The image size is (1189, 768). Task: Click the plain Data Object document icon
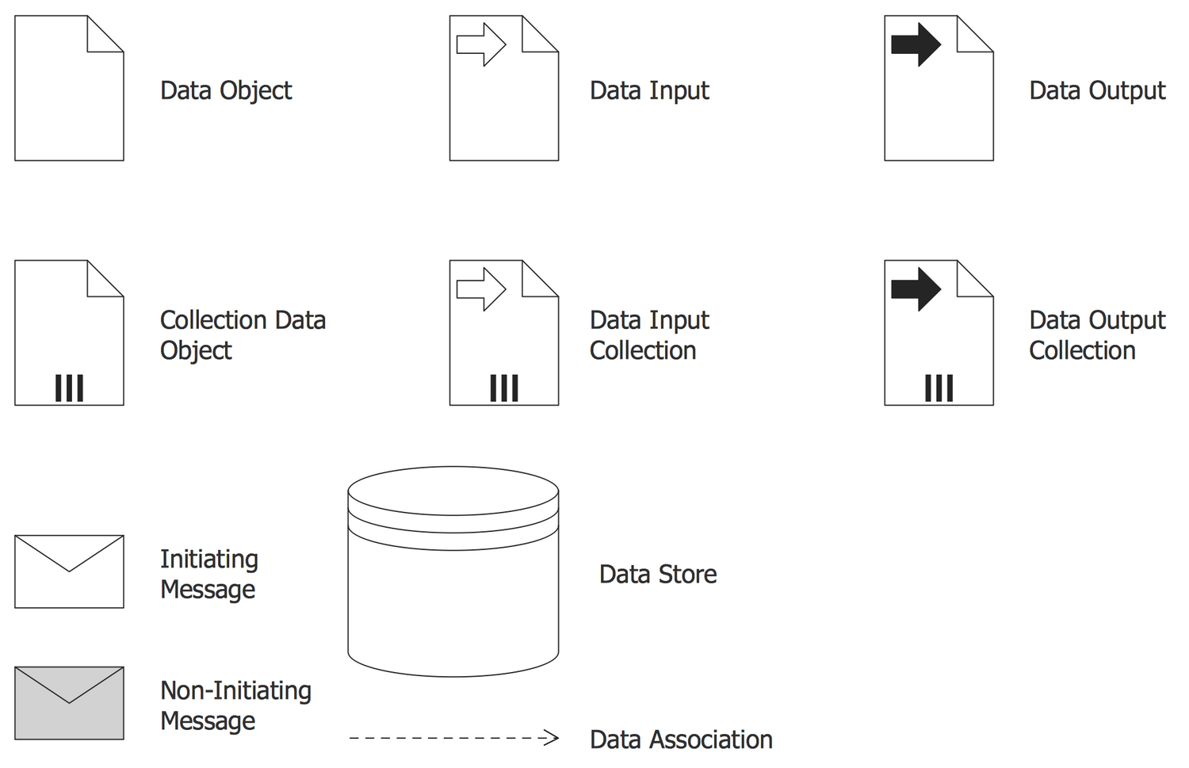coord(69,88)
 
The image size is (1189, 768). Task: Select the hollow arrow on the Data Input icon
coord(481,44)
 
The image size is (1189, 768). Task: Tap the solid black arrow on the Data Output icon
coord(916,44)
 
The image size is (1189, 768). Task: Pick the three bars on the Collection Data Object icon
coord(70,388)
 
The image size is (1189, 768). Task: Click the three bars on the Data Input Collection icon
coord(504,388)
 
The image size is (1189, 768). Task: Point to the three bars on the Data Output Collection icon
coord(939,388)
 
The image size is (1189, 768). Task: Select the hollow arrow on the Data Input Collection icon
coord(481,289)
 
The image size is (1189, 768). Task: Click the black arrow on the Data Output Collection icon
coord(916,289)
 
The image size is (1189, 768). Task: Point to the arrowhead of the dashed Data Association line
coord(552,738)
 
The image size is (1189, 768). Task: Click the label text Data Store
coord(658,575)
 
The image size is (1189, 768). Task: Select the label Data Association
coord(681,740)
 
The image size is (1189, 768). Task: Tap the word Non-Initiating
coord(235,691)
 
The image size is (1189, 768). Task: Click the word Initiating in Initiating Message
coord(209,560)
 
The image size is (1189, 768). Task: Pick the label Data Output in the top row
coord(1097,90)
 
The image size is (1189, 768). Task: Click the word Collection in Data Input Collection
coord(643,350)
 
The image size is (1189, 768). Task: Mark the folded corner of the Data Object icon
coord(105,34)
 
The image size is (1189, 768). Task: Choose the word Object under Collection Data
coord(196,351)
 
